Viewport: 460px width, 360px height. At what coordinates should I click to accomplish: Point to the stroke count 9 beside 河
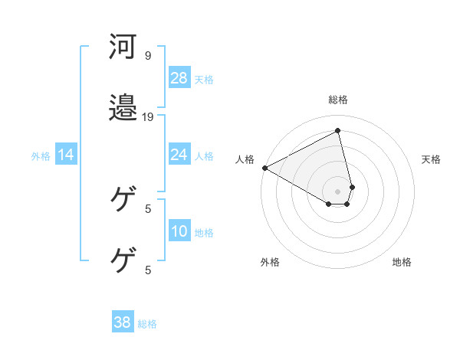147,56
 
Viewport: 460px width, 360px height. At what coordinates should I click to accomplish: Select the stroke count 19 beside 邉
148,117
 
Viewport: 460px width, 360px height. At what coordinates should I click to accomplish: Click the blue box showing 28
179,78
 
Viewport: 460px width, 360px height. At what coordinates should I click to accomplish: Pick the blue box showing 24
179,155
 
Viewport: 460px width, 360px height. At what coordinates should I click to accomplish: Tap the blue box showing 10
179,231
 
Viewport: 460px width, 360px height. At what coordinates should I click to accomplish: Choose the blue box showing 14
66,155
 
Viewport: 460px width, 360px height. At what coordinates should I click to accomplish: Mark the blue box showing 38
122,323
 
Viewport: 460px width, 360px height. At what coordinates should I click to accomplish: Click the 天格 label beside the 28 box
204,79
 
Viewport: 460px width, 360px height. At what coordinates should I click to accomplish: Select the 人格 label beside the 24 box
204,155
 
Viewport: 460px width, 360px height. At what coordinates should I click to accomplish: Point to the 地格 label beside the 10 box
204,232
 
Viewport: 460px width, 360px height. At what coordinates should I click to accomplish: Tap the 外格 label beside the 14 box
41,156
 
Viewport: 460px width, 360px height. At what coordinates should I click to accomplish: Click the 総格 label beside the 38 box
147,324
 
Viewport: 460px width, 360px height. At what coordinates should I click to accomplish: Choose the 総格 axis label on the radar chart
338,100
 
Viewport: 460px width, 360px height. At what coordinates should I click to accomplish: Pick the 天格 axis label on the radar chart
432,159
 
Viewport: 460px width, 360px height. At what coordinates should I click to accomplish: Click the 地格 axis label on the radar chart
402,262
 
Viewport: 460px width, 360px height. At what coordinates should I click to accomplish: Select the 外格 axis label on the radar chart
270,262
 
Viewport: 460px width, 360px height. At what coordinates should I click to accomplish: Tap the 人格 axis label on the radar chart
245,159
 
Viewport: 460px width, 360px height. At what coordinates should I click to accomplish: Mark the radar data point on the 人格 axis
264,168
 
